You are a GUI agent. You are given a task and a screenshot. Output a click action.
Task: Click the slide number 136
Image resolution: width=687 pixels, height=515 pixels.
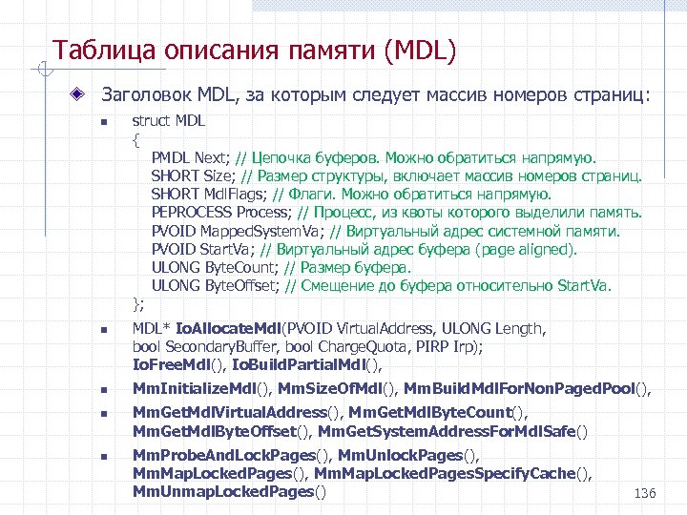[645, 493]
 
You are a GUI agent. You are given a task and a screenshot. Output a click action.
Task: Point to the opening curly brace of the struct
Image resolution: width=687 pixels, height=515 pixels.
[135, 139]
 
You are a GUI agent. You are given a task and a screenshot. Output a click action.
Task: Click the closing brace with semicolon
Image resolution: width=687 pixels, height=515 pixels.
[138, 304]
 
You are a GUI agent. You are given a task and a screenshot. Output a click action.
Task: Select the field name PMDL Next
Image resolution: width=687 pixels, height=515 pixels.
[190, 157]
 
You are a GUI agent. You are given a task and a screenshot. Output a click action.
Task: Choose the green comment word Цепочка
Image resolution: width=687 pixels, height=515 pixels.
[291, 157]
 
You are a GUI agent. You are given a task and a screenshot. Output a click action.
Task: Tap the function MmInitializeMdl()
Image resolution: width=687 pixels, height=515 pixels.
[201, 388]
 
